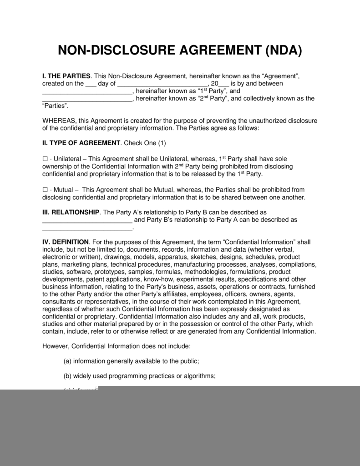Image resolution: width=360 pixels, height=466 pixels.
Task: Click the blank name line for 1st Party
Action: pyautogui.click(x=87, y=92)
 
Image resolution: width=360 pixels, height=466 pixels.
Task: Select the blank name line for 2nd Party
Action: pyautogui.click(x=87, y=99)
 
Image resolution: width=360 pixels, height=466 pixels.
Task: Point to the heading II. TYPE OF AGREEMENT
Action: pyautogui.click(x=81, y=143)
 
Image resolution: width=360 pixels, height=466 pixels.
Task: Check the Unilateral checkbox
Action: pyautogui.click(x=45, y=159)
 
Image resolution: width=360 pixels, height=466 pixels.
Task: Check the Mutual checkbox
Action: pyautogui.click(x=45, y=189)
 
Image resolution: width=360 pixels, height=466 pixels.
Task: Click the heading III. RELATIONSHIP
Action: pyautogui.click(x=71, y=213)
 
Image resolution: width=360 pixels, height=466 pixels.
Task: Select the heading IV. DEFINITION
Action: pyautogui.click(x=66, y=242)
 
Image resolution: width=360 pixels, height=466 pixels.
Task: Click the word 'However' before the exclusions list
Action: pyautogui.click(x=57, y=345)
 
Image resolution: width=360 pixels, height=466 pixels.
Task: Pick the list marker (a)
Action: pyautogui.click(x=67, y=361)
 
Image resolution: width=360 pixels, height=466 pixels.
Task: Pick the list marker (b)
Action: pyautogui.click(x=67, y=376)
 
